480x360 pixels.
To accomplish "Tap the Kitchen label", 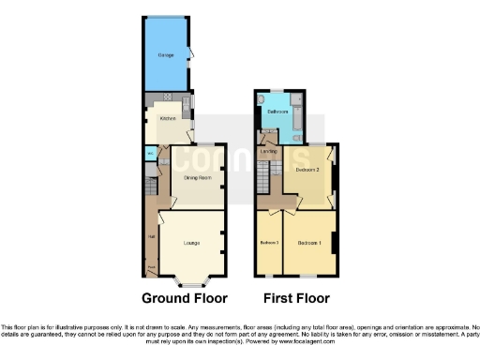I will [167, 119].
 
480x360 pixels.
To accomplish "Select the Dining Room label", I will [196, 176].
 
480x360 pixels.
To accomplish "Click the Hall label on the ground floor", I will [151, 235].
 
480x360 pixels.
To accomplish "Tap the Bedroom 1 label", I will [309, 244].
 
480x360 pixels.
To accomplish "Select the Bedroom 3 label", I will [269, 244].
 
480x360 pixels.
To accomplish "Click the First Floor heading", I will [295, 300].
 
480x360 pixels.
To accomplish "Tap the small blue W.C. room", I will [150, 155].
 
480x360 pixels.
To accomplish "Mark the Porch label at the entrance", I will [150, 268].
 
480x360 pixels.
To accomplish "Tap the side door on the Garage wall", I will [190, 53].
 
